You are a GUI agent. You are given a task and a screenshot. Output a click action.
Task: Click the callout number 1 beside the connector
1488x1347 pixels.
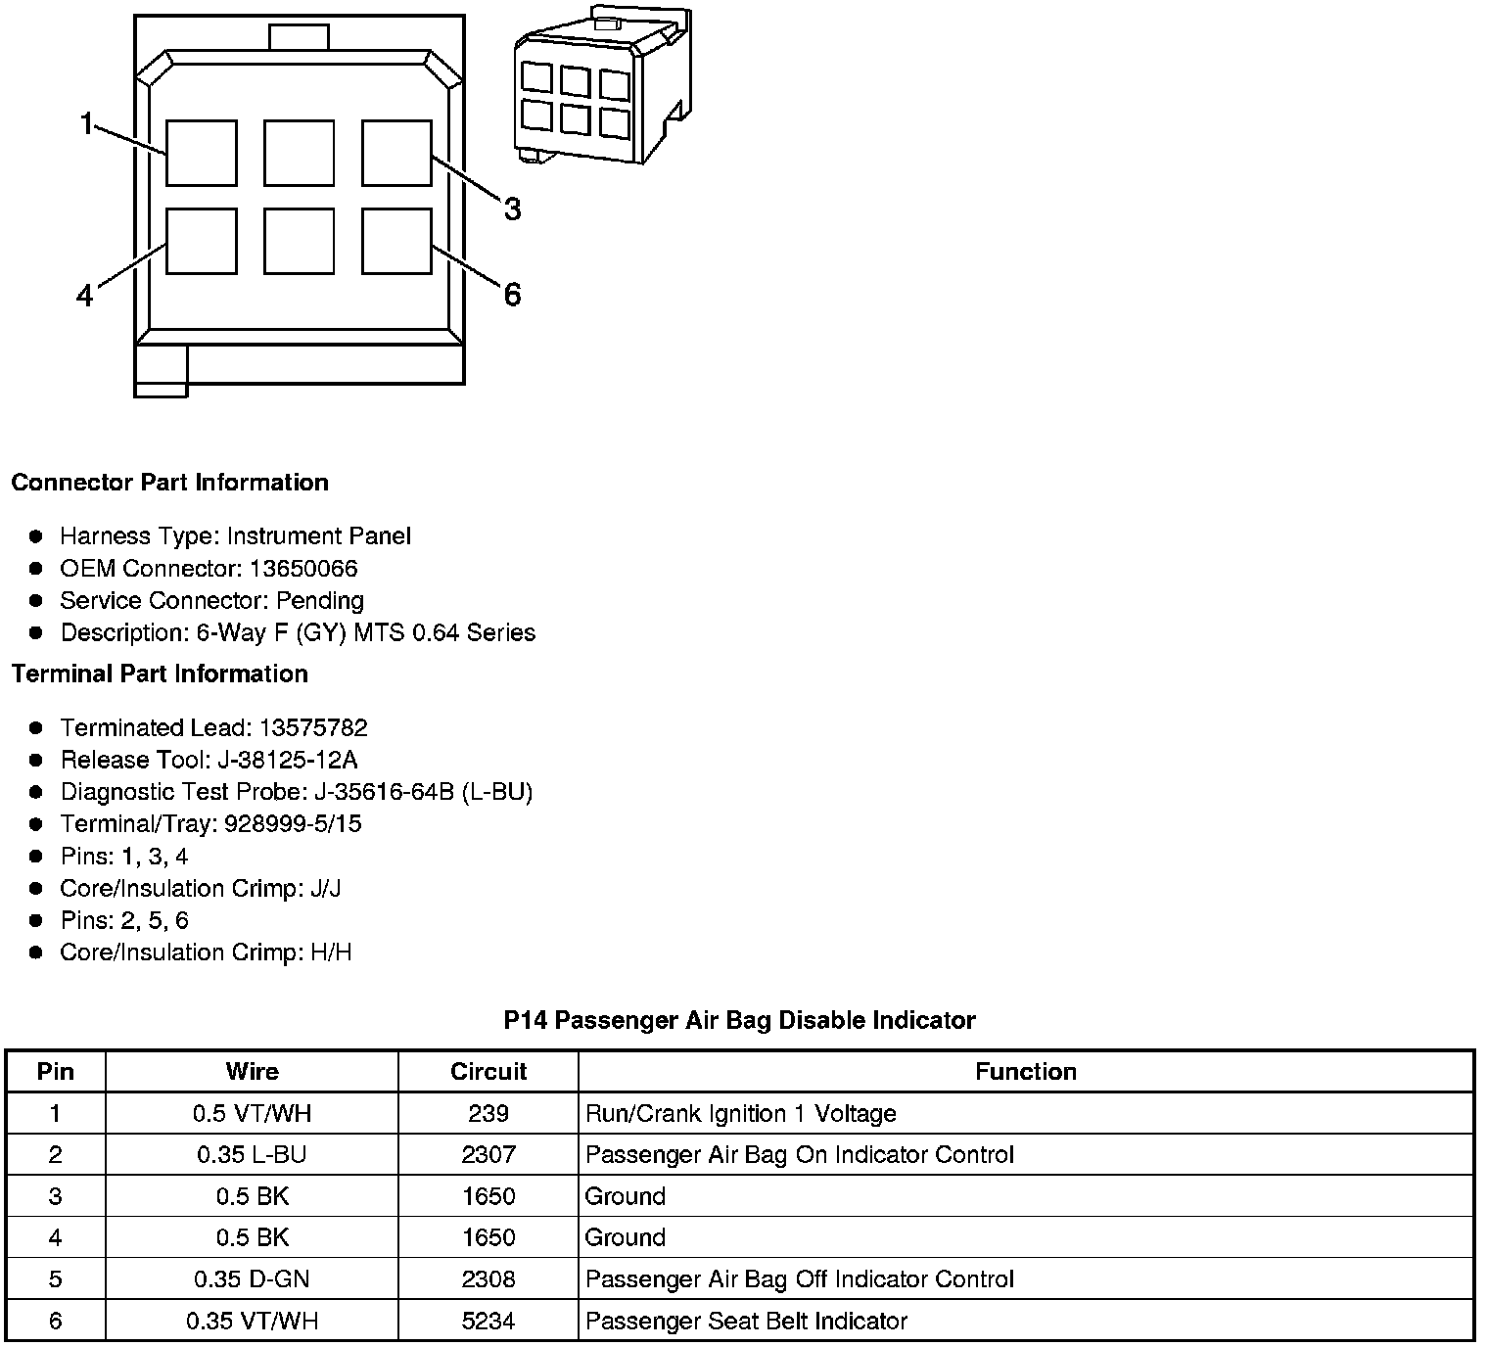[x=87, y=123]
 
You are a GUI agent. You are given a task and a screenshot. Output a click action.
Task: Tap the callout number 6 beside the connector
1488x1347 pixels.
[x=512, y=294]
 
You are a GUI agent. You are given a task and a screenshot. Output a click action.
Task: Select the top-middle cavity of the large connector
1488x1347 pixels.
[x=299, y=153]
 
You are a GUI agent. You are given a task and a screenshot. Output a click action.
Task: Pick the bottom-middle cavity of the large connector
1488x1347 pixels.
[x=299, y=241]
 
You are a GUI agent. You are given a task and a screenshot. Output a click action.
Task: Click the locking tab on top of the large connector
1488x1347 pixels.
[x=299, y=37]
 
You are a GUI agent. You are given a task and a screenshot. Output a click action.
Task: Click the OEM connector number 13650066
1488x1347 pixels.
[x=303, y=568]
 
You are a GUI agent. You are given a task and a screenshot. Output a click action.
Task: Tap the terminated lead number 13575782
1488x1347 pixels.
[x=313, y=727]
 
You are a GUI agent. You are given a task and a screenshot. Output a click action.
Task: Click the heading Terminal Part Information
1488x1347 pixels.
[x=160, y=673]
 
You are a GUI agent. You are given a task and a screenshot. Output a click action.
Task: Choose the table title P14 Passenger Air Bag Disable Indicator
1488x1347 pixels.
[x=739, y=1020]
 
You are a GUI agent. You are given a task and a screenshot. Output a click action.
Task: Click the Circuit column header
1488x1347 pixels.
[x=488, y=1071]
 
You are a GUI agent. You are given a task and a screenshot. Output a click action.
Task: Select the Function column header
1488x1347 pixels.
[x=1025, y=1071]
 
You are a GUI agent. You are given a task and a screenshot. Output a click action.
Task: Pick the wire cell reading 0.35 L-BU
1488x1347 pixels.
[x=252, y=1154]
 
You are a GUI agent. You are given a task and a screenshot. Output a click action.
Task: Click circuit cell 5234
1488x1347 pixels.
[x=488, y=1321]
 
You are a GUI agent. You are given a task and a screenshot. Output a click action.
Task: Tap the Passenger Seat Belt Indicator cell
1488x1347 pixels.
[x=746, y=1321]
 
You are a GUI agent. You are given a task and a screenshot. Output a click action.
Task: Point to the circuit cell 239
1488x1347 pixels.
[x=488, y=1113]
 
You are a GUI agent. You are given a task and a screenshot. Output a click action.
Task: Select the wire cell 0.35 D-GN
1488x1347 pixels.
[x=252, y=1278]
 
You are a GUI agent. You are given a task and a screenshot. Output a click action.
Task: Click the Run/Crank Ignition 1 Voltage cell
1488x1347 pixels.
[x=740, y=1113]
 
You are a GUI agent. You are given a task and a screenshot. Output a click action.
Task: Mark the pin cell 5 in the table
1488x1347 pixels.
[x=55, y=1278]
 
